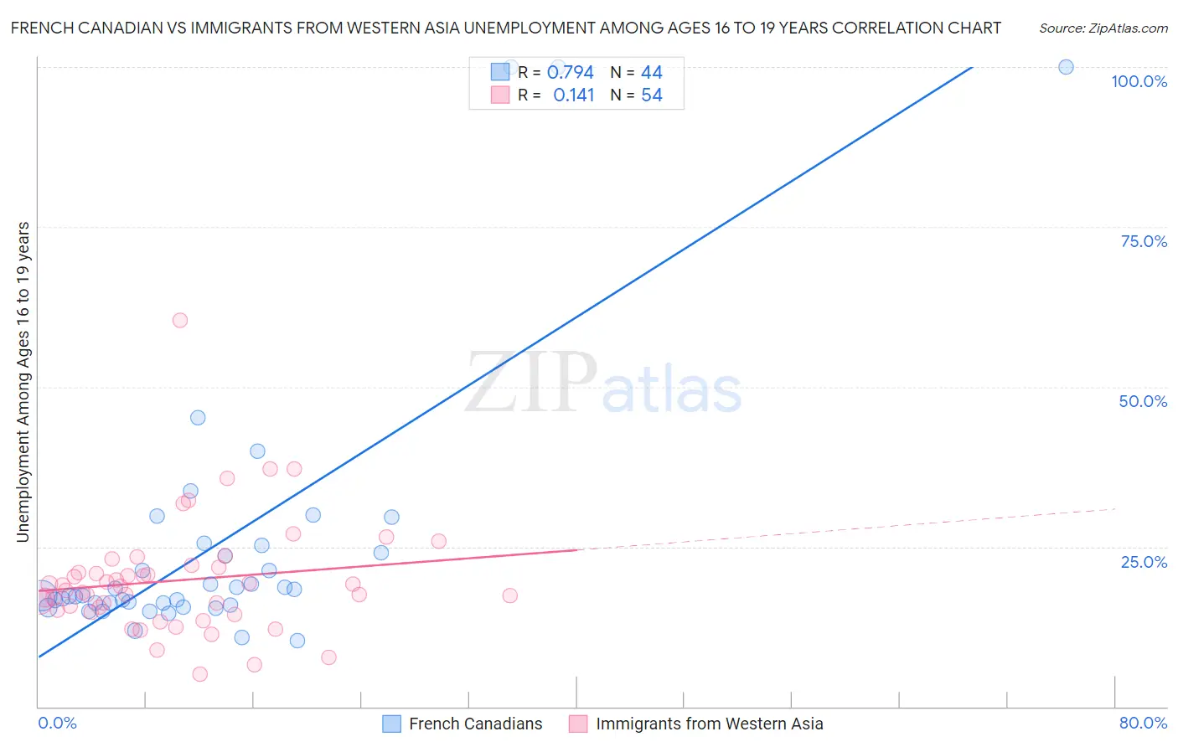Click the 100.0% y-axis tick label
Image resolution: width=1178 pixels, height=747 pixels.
pos(1139,81)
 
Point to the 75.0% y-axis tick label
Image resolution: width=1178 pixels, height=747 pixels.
pos(1144,241)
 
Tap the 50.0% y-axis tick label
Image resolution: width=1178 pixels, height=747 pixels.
pos(1143,401)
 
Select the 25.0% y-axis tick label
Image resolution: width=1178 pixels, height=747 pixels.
pos(1144,562)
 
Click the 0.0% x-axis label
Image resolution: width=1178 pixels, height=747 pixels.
pos(57,723)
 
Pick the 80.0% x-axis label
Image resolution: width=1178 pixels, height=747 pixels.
pos(1143,723)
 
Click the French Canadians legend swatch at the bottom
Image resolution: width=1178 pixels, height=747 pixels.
pos(391,724)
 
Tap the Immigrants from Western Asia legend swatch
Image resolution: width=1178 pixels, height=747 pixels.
pos(578,724)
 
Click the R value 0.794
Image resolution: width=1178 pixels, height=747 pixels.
pos(570,72)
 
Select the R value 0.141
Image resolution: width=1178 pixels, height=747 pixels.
pos(573,95)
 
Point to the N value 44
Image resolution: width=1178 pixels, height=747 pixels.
pos(652,72)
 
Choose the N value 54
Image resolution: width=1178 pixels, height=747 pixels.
pos(652,95)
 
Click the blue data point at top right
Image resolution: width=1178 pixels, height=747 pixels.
pos(1066,67)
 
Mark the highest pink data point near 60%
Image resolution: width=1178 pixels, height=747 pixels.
pos(179,320)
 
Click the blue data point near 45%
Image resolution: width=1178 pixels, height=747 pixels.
pos(198,417)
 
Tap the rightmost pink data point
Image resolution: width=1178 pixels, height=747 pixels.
pos(509,595)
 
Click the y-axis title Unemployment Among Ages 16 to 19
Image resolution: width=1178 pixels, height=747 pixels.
pos(23,382)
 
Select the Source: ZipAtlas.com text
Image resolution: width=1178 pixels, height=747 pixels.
pos(1103,28)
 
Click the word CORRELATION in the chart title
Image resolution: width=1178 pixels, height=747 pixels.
pos(865,28)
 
